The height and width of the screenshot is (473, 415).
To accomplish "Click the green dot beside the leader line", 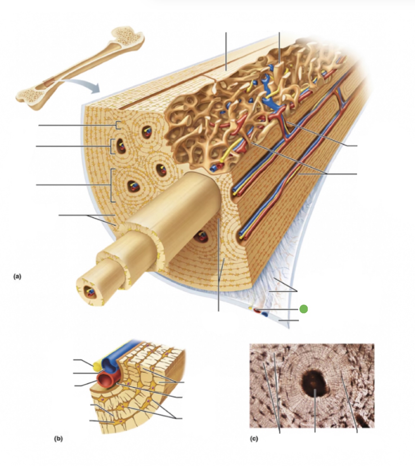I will click(303, 309).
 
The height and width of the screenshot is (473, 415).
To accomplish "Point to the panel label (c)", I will click(254, 438).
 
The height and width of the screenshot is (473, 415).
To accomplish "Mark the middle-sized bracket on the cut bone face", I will click(112, 146).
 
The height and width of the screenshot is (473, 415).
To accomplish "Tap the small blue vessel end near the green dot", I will click(266, 314).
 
